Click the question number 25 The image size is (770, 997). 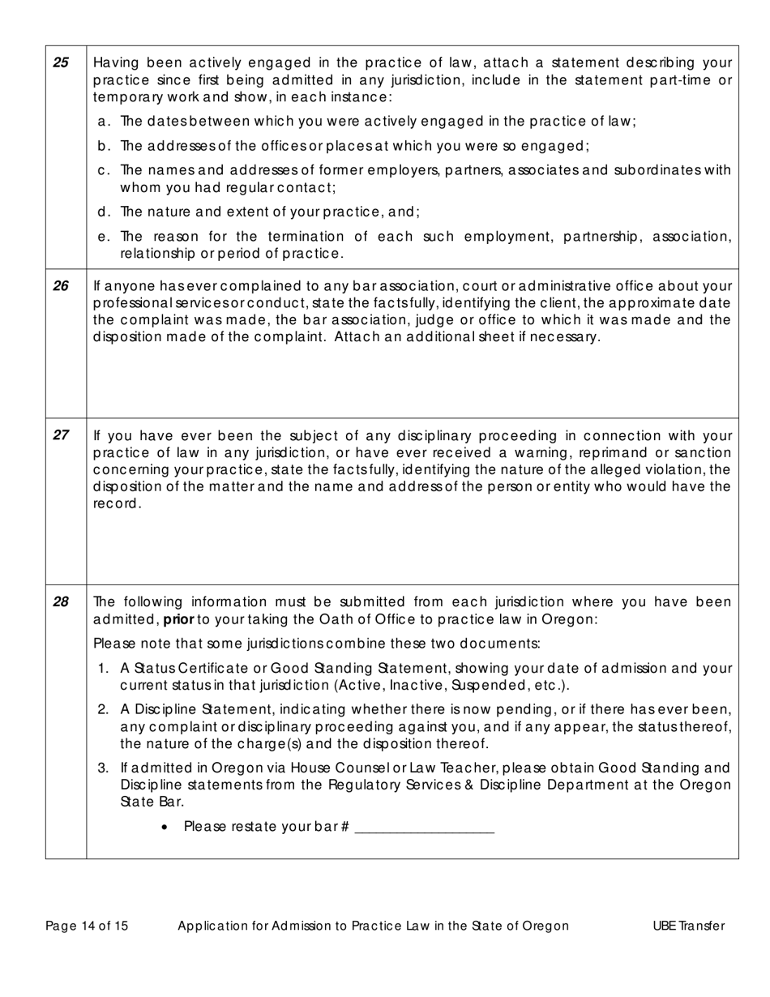[61, 62]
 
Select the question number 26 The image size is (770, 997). [61, 285]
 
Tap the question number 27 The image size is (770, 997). [61, 434]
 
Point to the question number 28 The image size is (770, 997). [61, 601]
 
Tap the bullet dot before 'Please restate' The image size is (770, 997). [165, 827]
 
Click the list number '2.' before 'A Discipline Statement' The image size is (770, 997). [104, 709]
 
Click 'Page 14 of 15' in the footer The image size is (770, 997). [87, 926]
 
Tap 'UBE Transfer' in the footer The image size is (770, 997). [688, 926]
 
